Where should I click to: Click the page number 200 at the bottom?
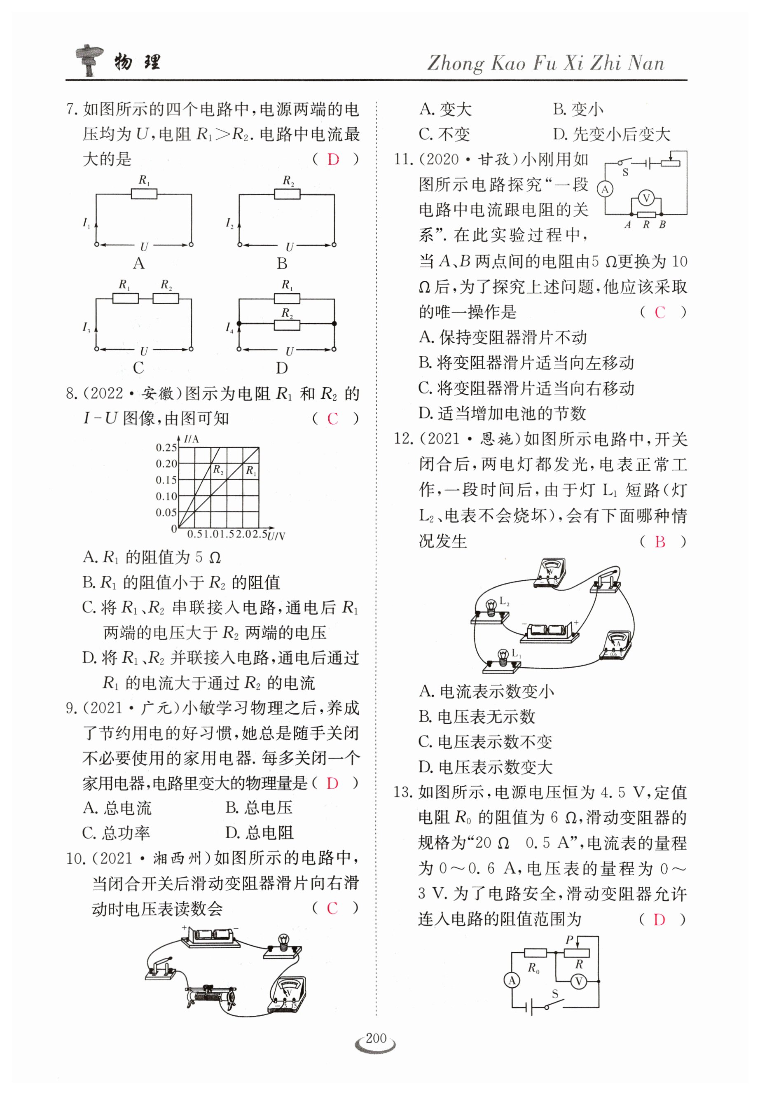tap(376, 1038)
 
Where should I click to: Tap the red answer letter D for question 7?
tap(333, 159)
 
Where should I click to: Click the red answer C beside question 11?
tap(659, 312)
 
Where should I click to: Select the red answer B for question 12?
tap(659, 541)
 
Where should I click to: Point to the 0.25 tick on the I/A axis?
tap(166, 447)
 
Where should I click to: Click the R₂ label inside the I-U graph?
tap(218, 470)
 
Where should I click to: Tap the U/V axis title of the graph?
tap(276, 536)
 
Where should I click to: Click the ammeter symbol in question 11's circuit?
tap(605, 189)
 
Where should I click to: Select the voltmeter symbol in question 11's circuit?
tap(646, 198)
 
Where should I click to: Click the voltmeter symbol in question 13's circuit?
tap(579, 981)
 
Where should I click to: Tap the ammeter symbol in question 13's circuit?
tap(512, 980)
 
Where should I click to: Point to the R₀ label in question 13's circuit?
tap(533, 968)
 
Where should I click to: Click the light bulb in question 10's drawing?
tap(283, 942)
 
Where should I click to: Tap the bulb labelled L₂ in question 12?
tap(491, 606)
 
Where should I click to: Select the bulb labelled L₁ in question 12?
tap(501, 657)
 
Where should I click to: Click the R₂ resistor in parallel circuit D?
tap(287, 325)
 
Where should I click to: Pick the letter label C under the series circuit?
tap(138, 367)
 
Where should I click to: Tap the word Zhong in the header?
tap(455, 63)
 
